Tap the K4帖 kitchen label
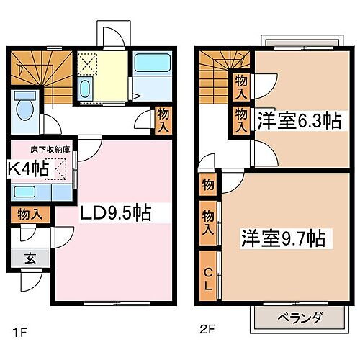[28, 170]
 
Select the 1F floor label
[19, 334]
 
